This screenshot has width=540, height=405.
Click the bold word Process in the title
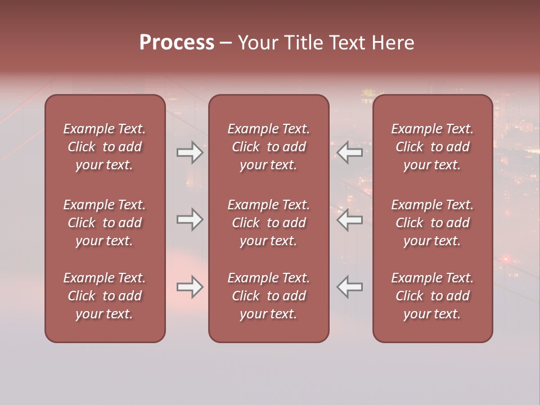177,43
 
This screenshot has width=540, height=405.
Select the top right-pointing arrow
190,152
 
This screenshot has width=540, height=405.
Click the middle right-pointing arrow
190,219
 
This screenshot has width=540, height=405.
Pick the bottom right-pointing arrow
190,287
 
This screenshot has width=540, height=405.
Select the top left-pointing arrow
349,152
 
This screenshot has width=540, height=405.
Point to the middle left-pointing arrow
349,219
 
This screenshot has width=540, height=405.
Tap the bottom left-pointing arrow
349,287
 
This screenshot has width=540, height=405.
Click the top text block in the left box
105,147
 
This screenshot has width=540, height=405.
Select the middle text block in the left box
105,223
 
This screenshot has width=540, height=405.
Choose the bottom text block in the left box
105,296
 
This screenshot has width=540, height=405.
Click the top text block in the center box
268,147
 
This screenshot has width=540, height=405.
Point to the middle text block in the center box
268,223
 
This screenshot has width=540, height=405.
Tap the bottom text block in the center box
268,296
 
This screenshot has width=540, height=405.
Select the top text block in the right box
433,147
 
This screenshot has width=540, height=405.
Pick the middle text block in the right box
433,223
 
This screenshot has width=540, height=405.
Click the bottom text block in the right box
433,296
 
